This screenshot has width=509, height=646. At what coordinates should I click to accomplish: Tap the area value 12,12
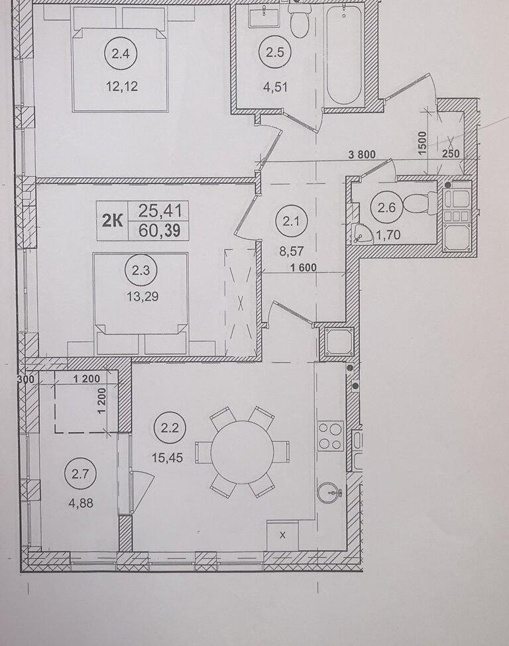(121, 87)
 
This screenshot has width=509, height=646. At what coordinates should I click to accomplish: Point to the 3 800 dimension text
(363, 154)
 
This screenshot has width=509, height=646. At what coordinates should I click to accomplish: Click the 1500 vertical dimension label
(422, 143)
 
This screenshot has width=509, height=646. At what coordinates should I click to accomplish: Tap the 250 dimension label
(451, 154)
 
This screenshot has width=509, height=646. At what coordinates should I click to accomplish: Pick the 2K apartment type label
(113, 221)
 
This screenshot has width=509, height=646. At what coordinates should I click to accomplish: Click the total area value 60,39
(160, 231)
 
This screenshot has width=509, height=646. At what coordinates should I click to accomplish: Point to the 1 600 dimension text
(304, 268)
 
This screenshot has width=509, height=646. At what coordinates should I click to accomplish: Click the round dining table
(243, 452)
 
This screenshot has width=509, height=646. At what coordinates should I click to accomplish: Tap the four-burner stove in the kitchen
(331, 436)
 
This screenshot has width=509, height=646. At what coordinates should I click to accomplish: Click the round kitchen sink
(330, 492)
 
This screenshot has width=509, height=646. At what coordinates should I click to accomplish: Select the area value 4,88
(82, 503)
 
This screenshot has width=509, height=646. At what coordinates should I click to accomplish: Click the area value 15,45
(167, 457)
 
